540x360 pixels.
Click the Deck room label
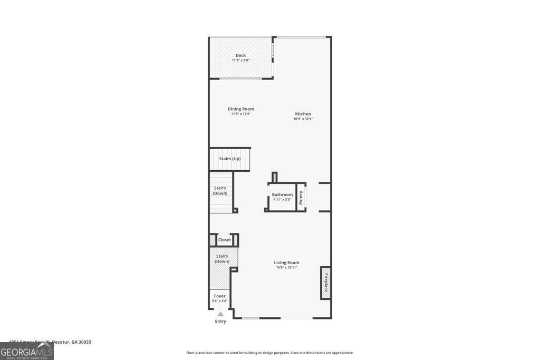(240, 55)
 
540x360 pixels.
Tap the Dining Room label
(240, 109)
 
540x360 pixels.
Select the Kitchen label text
(303, 114)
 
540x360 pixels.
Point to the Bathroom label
(282, 194)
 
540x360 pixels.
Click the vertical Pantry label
(301, 198)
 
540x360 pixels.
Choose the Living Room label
(286, 262)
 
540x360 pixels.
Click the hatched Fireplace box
(326, 283)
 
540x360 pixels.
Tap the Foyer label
(219, 296)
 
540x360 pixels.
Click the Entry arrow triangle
(220, 314)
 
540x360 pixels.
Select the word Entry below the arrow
(220, 322)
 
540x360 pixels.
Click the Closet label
(225, 240)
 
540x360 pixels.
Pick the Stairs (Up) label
(230, 159)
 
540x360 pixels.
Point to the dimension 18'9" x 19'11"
(286, 268)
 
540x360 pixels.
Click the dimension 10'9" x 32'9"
(303, 119)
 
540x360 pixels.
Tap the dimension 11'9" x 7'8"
(240, 60)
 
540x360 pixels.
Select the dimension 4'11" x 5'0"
(282, 200)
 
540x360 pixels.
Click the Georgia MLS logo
(27, 351)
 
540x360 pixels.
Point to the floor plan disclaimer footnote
(269, 353)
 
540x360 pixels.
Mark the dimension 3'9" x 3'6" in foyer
(219, 301)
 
